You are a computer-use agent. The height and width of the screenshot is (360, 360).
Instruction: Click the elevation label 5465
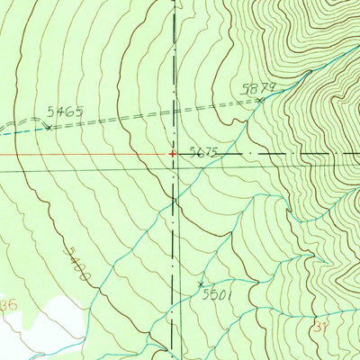tap(65, 112)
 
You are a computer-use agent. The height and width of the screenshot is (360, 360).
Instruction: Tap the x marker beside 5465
tap(49, 127)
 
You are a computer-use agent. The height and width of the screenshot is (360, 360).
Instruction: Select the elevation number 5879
tap(256, 88)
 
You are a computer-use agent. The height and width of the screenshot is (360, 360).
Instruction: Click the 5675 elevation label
tap(205, 153)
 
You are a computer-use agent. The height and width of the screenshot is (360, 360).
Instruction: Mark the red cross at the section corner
tap(172, 154)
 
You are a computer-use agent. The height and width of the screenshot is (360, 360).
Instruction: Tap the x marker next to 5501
tap(201, 284)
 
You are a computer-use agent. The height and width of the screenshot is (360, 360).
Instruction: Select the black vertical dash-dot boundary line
tap(174, 234)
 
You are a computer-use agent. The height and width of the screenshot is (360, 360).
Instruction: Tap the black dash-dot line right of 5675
tap(288, 154)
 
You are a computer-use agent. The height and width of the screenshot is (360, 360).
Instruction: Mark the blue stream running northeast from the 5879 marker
tap(306, 68)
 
